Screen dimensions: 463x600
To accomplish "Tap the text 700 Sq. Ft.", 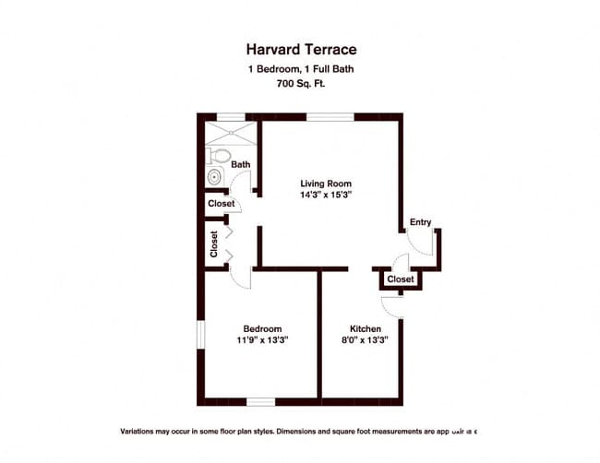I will coord(300,84).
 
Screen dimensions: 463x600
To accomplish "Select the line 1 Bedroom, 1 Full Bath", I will coord(300,69).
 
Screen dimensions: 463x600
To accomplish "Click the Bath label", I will coord(240,165).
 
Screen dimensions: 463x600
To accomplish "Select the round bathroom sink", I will coord(215,176).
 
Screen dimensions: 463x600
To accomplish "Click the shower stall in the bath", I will coord(228,131).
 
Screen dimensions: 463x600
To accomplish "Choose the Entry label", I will coord(421,222).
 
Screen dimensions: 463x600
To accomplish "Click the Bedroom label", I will coord(262,328).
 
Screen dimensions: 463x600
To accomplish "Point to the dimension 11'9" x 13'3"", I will coord(262,340).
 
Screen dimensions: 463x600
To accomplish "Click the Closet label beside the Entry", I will coord(401,279).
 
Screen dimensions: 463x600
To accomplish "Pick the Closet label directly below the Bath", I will coord(222,204).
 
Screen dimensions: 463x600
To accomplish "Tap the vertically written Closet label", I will coord(214,244).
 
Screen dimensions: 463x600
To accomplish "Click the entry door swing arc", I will coord(417,243).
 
